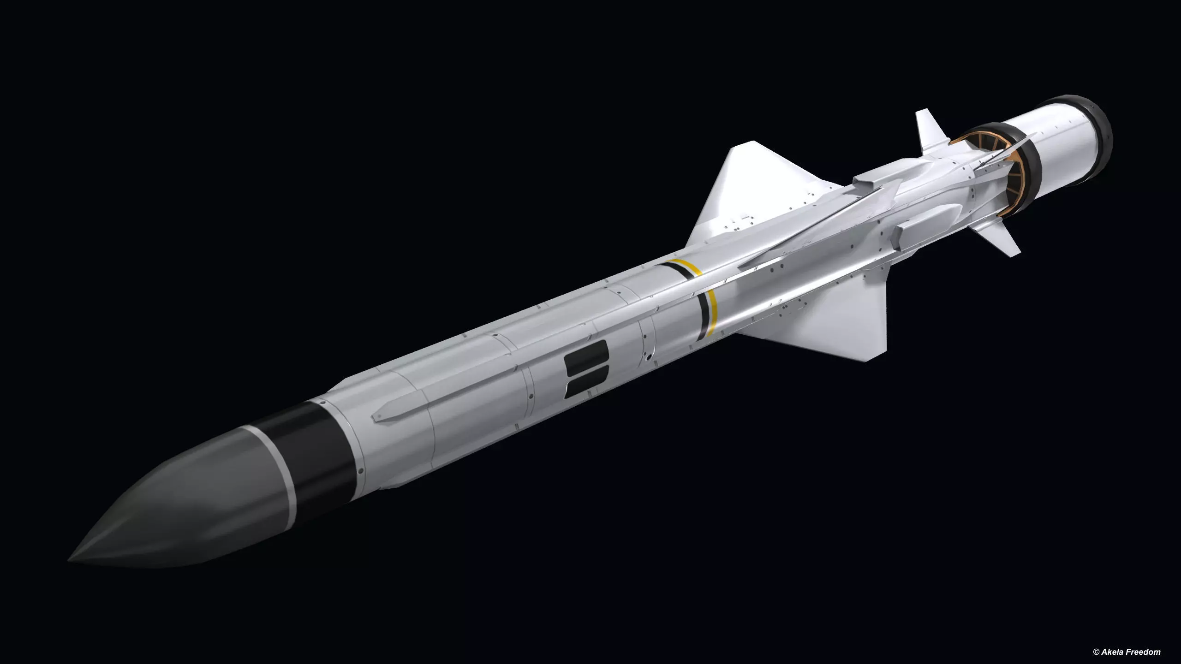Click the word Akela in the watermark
pyautogui.click(x=1121, y=652)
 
